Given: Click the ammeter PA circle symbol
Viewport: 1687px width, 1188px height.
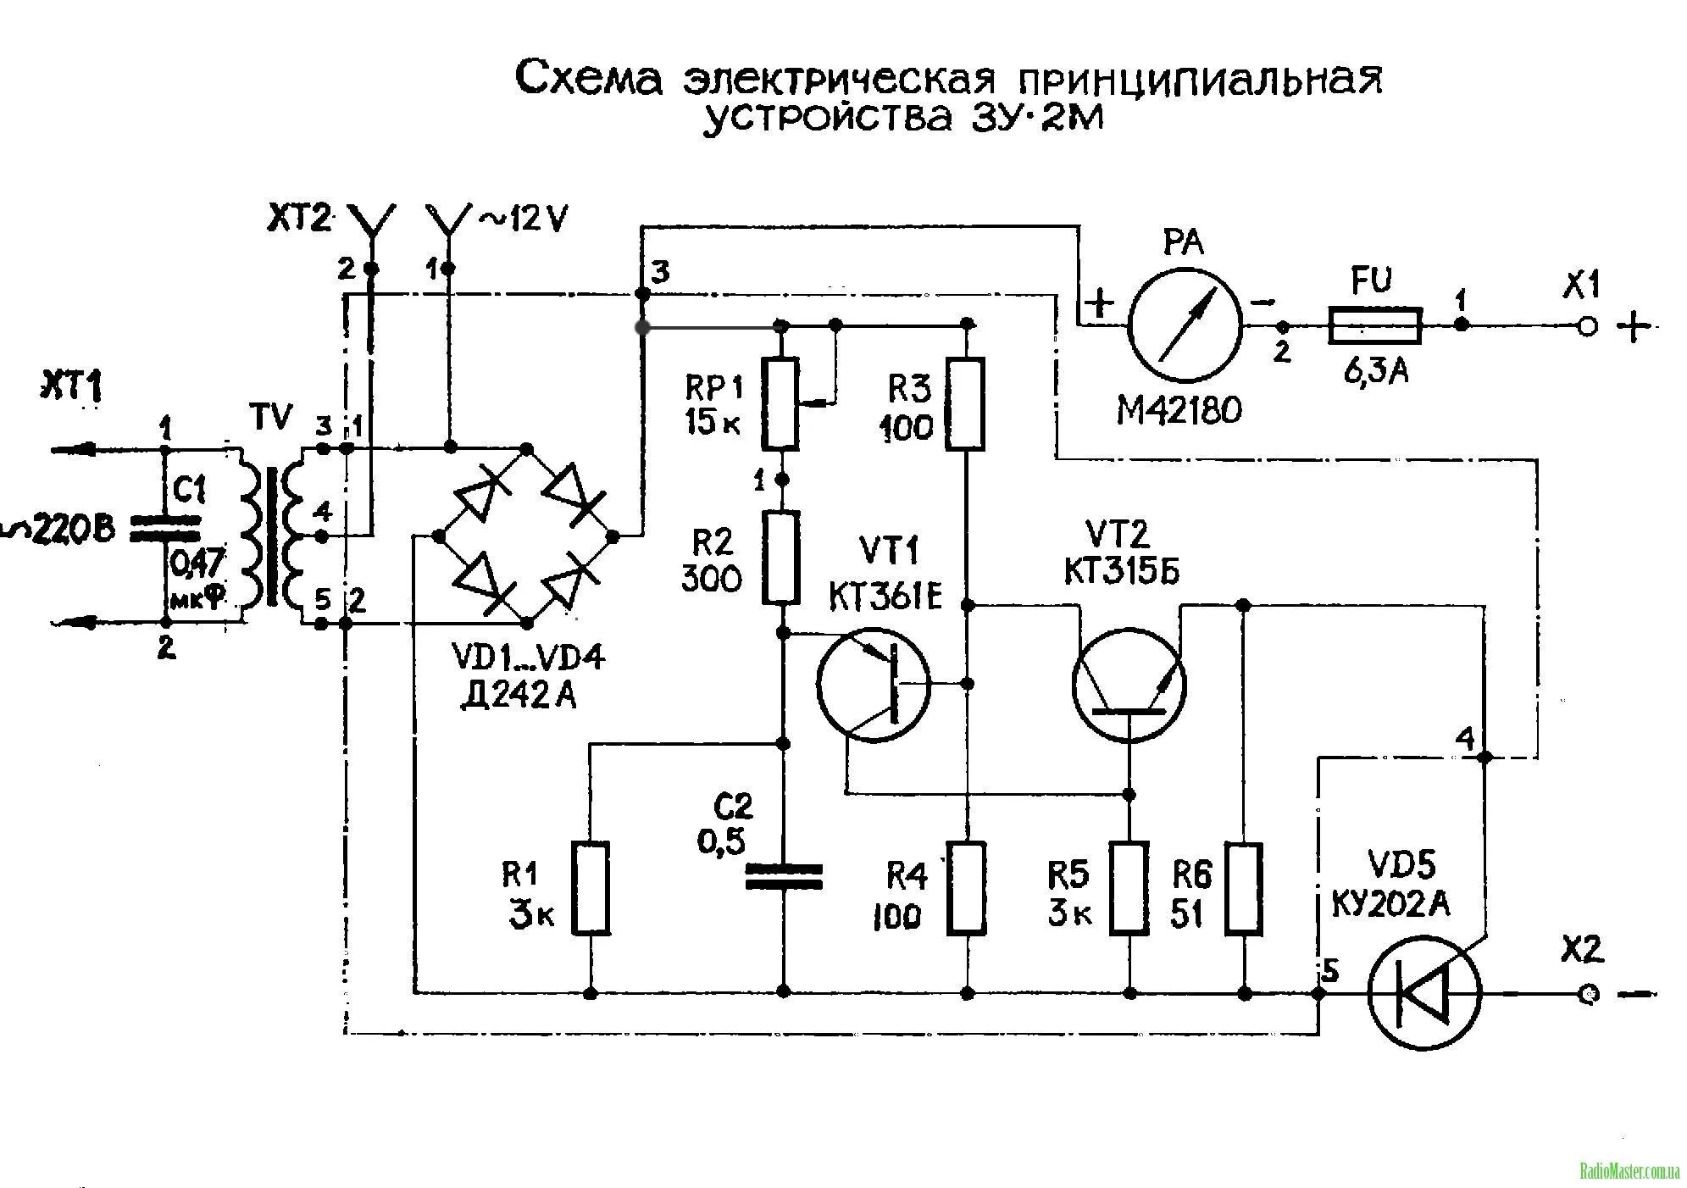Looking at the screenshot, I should (1184, 325).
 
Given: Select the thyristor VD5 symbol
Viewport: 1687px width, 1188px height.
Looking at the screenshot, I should (1425, 992).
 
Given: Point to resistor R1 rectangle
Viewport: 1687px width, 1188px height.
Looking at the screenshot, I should (591, 888).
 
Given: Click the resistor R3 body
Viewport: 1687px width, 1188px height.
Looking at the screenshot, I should (966, 403).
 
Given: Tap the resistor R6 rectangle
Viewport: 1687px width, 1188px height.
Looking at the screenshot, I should (1244, 888).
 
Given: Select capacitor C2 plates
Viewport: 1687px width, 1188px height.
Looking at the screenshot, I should (783, 876).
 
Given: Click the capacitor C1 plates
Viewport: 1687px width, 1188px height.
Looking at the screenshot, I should (164, 527).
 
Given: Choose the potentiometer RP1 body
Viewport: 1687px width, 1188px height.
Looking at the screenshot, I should (780, 403).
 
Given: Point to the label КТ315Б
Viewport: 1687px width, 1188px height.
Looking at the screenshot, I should (1121, 573).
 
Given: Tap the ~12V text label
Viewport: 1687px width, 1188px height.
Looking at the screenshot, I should (524, 219).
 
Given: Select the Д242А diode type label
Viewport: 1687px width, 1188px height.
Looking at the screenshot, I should (518, 695).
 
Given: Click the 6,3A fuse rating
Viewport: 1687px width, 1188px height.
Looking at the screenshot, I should (1376, 369).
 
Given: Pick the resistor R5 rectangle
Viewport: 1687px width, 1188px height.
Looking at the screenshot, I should (1129, 888).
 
